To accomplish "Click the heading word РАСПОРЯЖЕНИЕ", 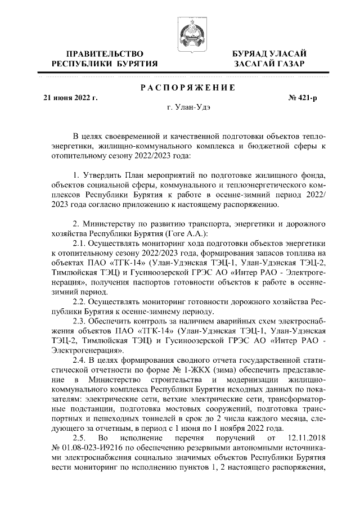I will coord(179,87).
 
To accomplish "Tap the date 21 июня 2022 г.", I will coord(71,97).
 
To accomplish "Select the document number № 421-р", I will coord(303,97).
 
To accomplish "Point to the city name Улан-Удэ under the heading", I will coord(179,107).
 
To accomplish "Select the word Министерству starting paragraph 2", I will coord(116,224).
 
